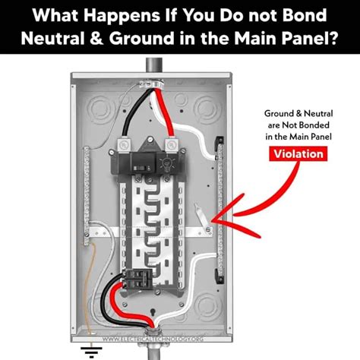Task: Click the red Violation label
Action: click(298, 154)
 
